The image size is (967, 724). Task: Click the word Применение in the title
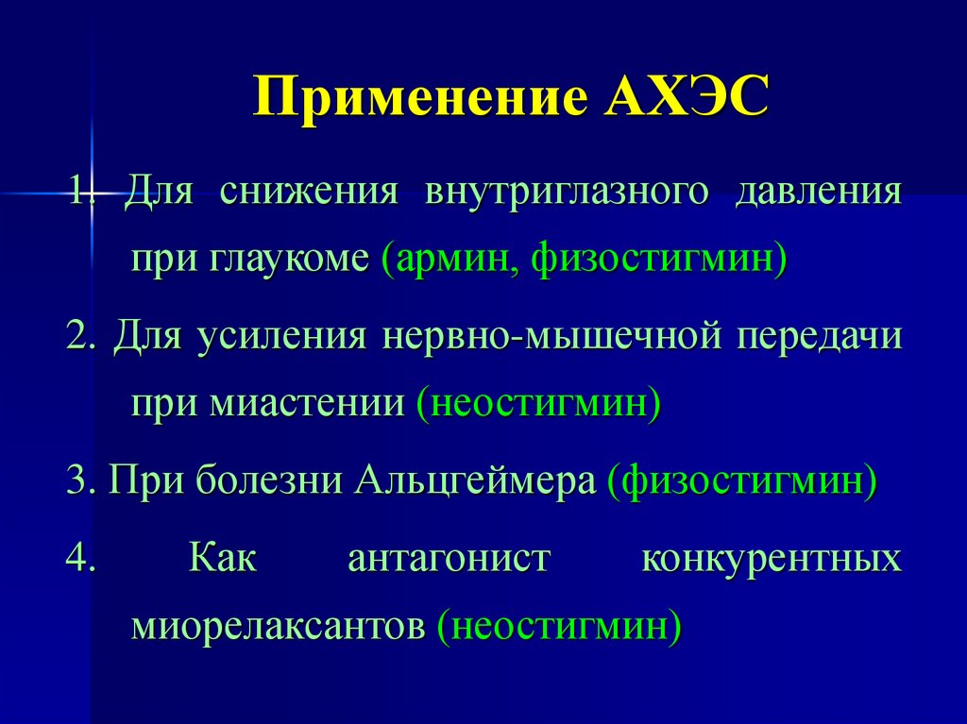pyautogui.click(x=418, y=98)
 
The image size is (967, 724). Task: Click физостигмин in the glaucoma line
pyautogui.click(x=655, y=258)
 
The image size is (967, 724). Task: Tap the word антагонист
pyautogui.click(x=449, y=557)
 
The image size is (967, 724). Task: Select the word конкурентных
pyautogui.click(x=771, y=557)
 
